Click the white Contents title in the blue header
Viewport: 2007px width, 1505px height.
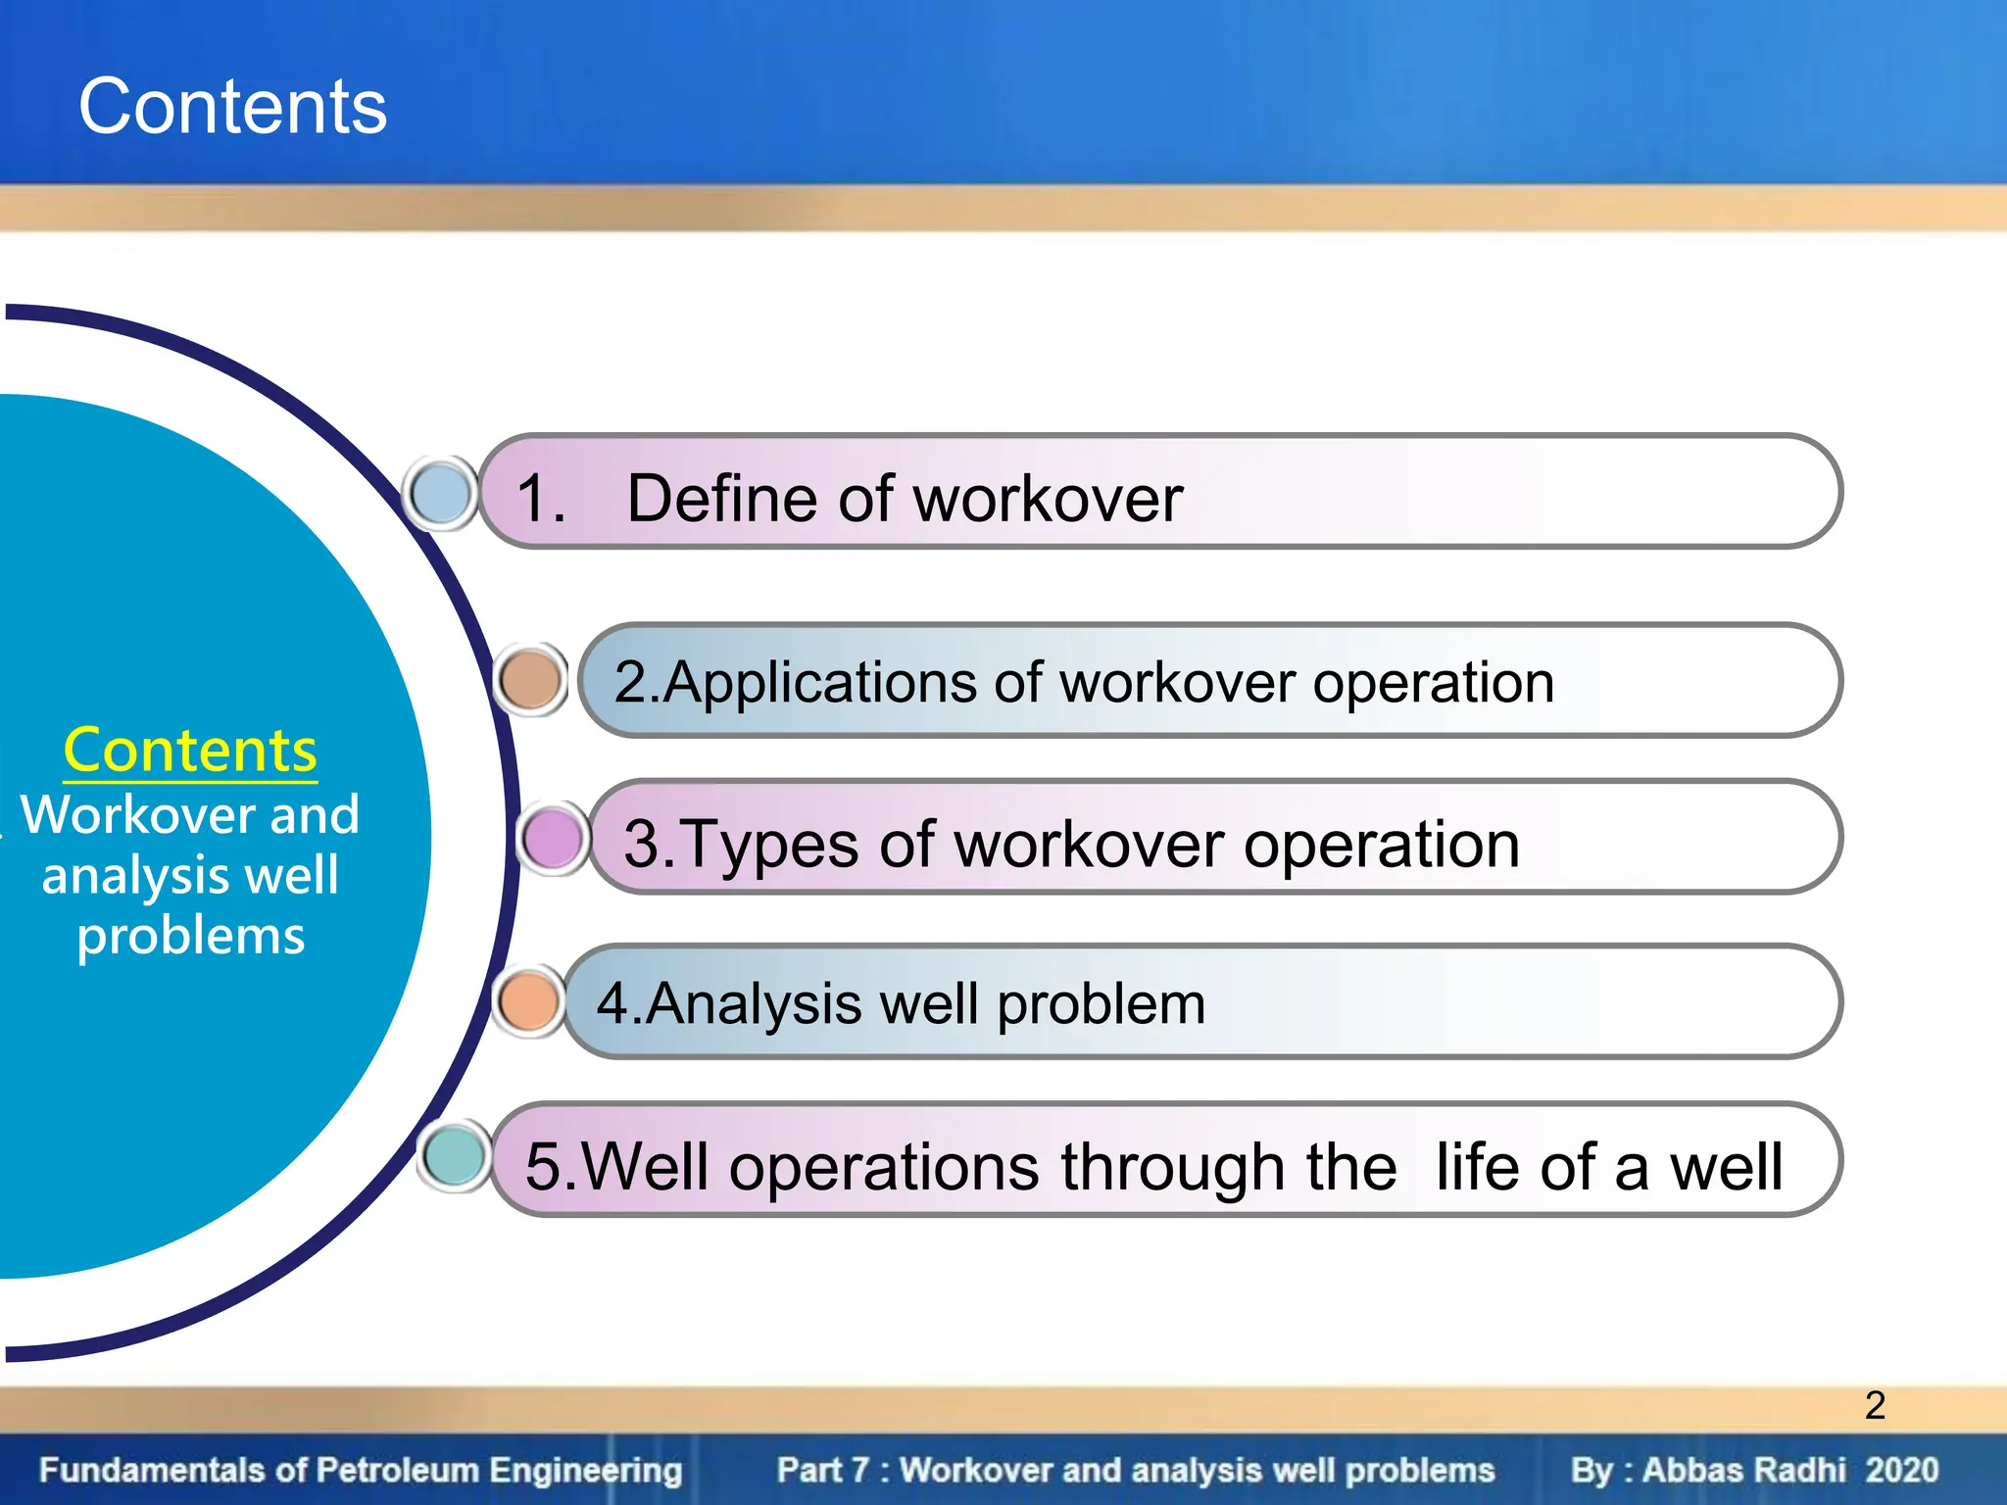tap(232, 107)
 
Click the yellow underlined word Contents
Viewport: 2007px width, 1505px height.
tap(190, 752)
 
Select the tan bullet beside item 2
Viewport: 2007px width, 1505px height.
tap(530, 680)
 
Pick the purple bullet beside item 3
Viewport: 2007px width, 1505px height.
tap(553, 838)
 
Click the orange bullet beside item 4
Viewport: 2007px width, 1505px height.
tap(529, 1001)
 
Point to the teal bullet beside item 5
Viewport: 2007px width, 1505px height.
tap(455, 1156)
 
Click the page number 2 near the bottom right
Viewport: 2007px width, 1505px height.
tap(1875, 1405)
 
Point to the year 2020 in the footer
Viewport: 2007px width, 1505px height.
tap(1901, 1470)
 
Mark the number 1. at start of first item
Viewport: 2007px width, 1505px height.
tap(540, 499)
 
